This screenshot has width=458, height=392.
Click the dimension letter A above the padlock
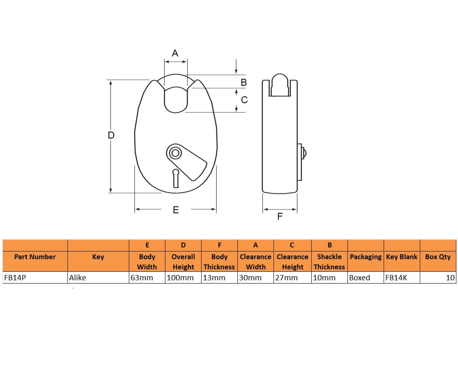175,53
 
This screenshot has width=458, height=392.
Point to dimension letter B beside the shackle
243,82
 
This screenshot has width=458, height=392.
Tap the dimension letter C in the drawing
244,100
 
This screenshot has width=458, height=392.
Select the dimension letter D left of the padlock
111,135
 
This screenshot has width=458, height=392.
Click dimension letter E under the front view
176,210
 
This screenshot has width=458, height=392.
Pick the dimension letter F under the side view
280,216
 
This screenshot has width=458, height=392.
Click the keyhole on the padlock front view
176,178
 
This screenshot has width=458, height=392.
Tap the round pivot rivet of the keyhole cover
175,153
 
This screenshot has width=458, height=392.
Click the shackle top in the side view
280,84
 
